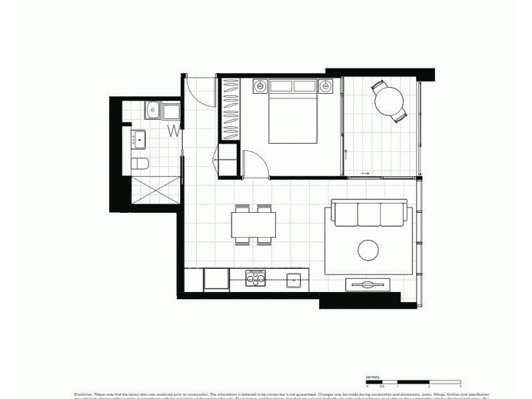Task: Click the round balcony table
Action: [x=389, y=102]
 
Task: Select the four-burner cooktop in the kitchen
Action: [x=255, y=278]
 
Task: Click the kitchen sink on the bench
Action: [x=293, y=279]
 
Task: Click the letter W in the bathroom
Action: [x=173, y=130]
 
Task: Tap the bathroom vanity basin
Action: [x=140, y=138]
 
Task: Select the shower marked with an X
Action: [x=156, y=190]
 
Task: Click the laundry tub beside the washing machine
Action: [x=153, y=109]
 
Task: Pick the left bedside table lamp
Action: [x=259, y=85]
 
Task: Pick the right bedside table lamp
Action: [x=327, y=85]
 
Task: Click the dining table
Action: [x=254, y=224]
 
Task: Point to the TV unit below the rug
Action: [x=367, y=284]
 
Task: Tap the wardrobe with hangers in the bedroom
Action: [x=230, y=109]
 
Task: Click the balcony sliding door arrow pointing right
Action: [x=365, y=174]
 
